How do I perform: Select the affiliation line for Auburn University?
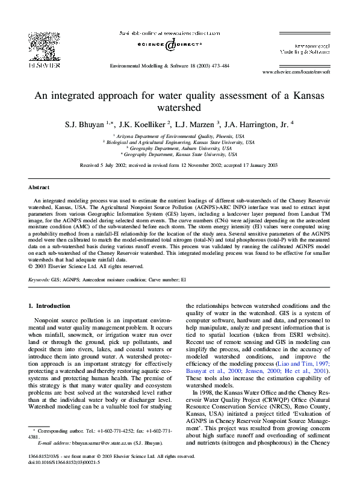point(179,148)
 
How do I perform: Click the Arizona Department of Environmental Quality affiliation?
point(179,137)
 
